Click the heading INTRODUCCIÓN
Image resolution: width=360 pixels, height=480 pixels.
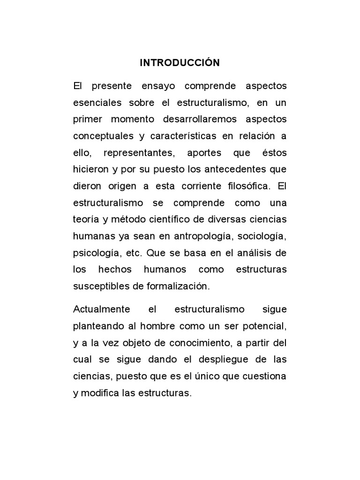click(x=180, y=63)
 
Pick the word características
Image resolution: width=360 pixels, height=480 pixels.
click(x=186, y=136)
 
